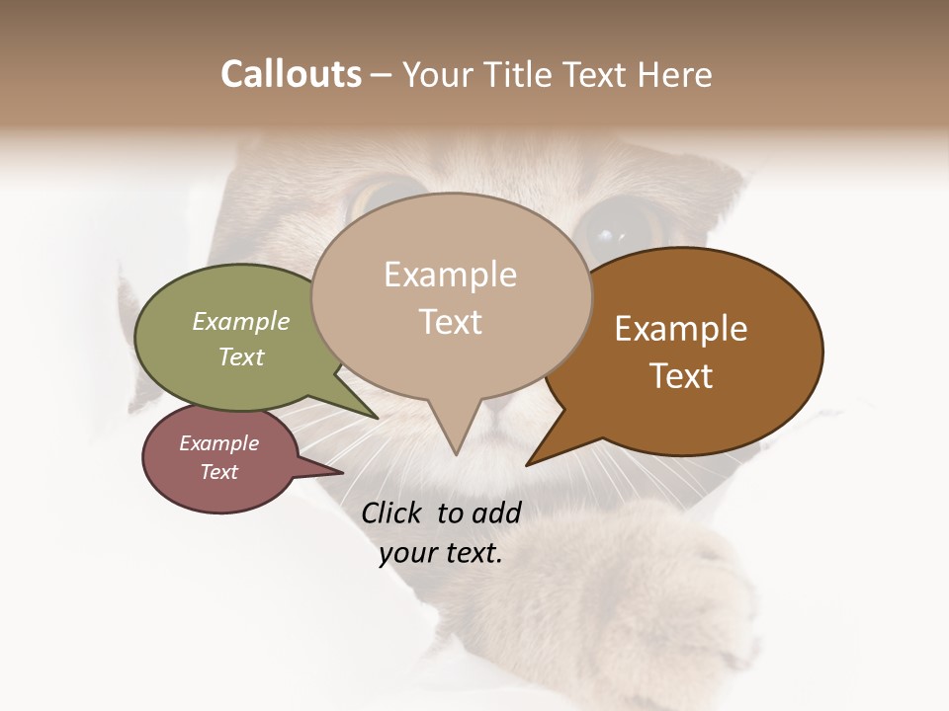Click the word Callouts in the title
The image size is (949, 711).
(291, 74)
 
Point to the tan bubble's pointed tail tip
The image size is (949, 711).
(455, 454)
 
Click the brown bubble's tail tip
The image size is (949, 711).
(528, 464)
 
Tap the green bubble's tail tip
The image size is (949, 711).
(377, 417)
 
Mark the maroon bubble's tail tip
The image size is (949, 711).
(343, 472)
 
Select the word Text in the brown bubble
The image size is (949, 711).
(682, 375)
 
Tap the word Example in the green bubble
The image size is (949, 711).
(241, 321)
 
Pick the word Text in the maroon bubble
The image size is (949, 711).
(219, 472)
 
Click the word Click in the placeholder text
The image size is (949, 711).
(392, 513)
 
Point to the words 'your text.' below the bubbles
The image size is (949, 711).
(441, 553)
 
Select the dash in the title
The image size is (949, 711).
(382, 75)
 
